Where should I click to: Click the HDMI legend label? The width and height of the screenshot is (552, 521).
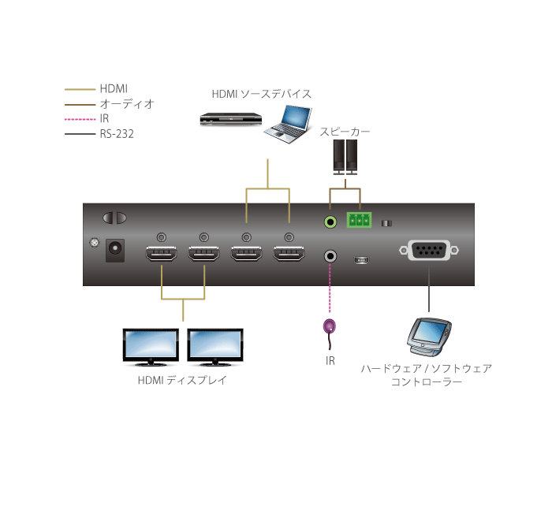pyautogui.click(x=114, y=89)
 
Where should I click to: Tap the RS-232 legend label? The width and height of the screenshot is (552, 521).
pyautogui.click(x=117, y=134)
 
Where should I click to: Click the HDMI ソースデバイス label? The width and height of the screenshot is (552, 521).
pyautogui.click(x=261, y=94)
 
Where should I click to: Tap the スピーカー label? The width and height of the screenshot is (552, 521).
pyautogui.click(x=345, y=132)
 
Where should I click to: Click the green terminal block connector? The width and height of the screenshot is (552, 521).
pyautogui.click(x=359, y=221)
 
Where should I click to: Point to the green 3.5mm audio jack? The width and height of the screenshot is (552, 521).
pyautogui.click(x=330, y=221)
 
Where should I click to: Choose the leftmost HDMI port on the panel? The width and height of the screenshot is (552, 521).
pyautogui.click(x=161, y=255)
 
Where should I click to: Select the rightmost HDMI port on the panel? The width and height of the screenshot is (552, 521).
pyautogui.click(x=289, y=255)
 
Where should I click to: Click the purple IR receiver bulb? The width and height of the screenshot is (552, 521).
pyautogui.click(x=330, y=326)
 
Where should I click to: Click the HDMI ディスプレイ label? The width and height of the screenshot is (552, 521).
pyautogui.click(x=182, y=381)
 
